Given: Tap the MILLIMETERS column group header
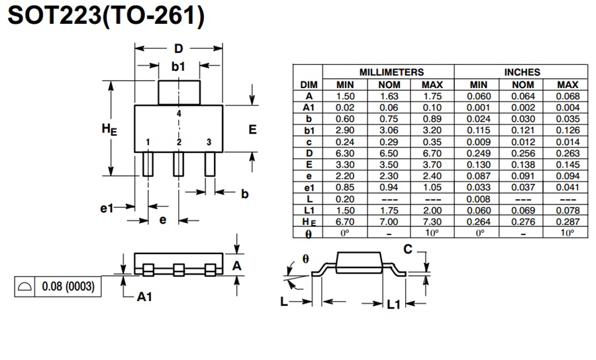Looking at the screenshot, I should coord(391,71).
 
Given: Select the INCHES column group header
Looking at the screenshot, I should coord(522,71).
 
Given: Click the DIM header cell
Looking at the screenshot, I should coord(309,85).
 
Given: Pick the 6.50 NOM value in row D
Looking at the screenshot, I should coord(390,153).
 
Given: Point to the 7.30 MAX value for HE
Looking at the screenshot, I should coord(432,221).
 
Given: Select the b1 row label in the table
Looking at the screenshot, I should coord(309,130).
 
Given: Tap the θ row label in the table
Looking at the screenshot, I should coord(309,233).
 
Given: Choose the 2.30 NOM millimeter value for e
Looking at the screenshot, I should coord(390,176).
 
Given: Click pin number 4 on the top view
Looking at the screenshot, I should coord(179,114).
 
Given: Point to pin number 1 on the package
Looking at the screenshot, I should coord(148,142).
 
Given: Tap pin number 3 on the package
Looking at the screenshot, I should coord(209,142).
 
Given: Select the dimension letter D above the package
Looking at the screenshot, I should coord(178,49).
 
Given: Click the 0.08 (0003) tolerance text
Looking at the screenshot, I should coord(68,287).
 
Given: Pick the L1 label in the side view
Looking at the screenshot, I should coord(393,304).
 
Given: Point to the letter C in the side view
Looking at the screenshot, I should coord(408,249).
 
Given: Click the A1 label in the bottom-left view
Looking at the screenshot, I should coord(145,297).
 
